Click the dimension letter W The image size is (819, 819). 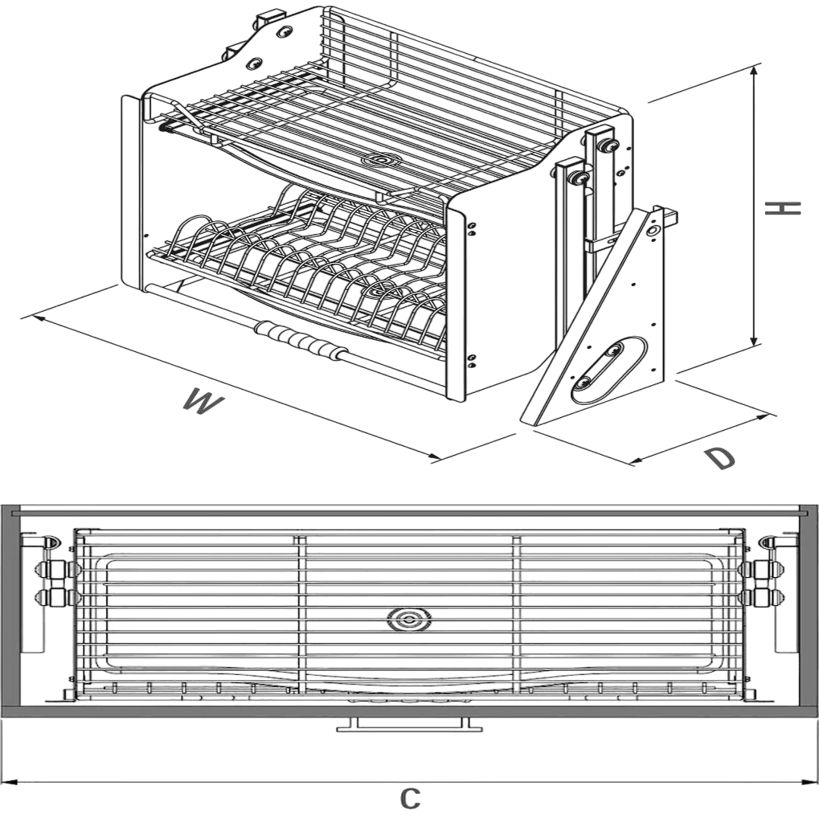(x=204, y=400)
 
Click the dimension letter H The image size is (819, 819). (x=783, y=209)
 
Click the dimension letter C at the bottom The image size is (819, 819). (x=410, y=798)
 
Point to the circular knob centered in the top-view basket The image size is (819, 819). (x=410, y=620)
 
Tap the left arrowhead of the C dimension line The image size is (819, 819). (x=11, y=782)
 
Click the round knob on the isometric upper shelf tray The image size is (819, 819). (x=381, y=160)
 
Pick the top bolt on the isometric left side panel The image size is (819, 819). (x=284, y=33)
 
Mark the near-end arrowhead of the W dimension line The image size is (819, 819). (x=434, y=457)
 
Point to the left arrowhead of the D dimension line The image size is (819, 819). (x=639, y=460)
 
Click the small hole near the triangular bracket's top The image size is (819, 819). (x=652, y=230)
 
